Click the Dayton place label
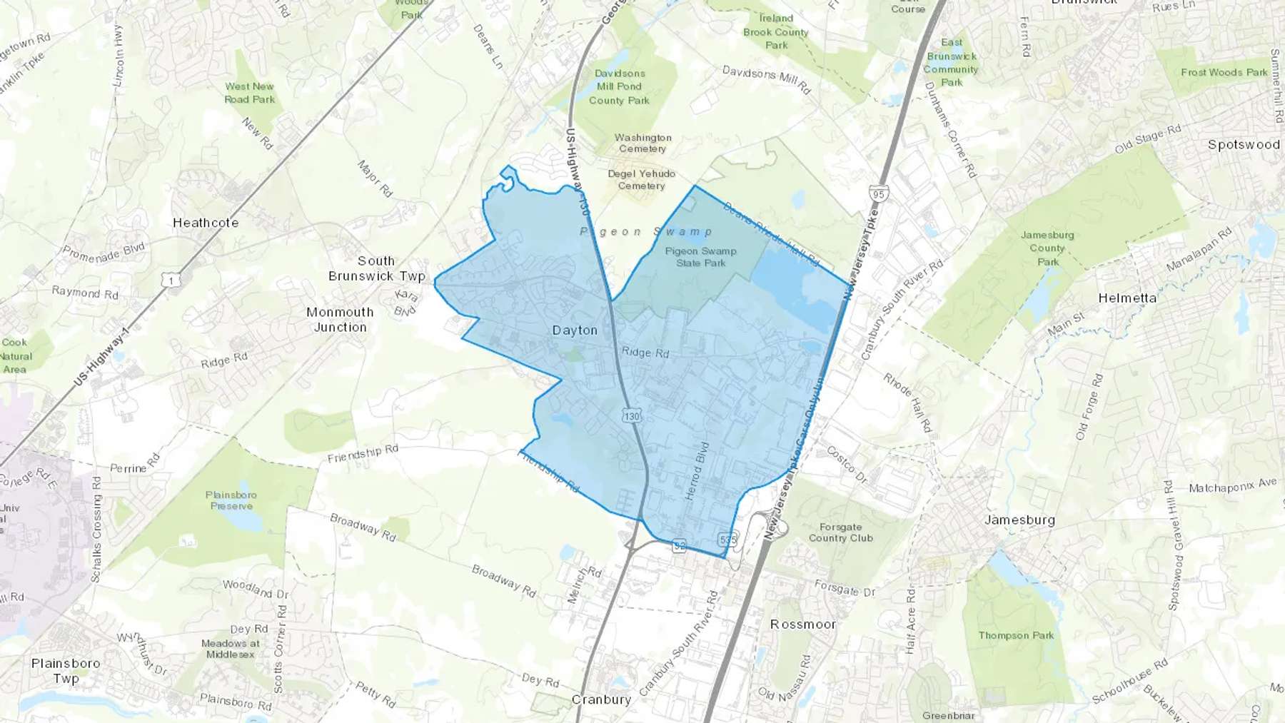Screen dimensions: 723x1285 coord(575,330)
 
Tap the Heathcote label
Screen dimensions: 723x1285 coord(206,223)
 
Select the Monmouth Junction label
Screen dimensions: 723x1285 coord(340,320)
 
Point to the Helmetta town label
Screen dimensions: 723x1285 coord(1127,298)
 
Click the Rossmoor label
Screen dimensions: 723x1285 coord(802,625)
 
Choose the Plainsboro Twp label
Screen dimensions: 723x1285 coord(66,671)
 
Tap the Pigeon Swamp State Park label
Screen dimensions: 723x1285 coord(700,257)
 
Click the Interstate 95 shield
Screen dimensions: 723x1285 coord(878,194)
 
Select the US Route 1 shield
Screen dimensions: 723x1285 coord(171,280)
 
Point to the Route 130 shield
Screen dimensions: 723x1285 coord(631,416)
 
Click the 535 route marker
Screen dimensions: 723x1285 coord(727,540)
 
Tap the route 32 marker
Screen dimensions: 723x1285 coord(680,547)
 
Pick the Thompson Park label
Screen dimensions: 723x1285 coord(1016,635)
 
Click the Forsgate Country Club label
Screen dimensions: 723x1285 coord(840,532)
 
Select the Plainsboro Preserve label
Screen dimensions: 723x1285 coord(231,500)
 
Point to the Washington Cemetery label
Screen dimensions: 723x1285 coord(642,143)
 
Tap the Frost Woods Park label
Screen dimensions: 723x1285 coord(1224,72)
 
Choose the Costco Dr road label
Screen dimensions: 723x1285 coord(846,465)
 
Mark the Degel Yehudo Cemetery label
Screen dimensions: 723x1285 coord(641,180)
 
